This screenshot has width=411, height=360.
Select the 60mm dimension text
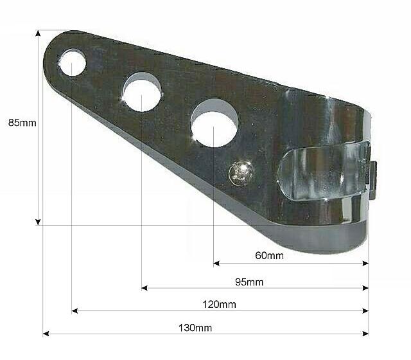[x=269, y=256]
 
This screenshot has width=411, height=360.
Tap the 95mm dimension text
[x=249, y=282]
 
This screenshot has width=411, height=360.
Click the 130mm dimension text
[x=197, y=327]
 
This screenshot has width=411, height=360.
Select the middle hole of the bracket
[x=143, y=93]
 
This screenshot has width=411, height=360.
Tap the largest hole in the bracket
[x=214, y=120]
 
